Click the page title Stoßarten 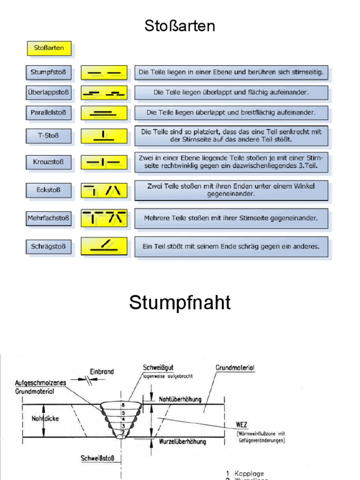[180, 26]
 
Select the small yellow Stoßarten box [49, 48]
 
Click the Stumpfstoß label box [48, 73]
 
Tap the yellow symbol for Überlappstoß [104, 92]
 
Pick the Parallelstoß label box [48, 112]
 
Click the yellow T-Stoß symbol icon [104, 136]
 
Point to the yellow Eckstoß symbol [104, 190]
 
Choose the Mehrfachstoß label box [48, 218]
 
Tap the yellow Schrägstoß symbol [104, 246]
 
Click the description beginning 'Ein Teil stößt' [231, 246]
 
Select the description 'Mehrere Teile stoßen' [231, 218]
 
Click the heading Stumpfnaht [180, 303]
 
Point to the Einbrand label [102, 371]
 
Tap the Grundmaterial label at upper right [235, 368]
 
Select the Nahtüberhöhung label [180, 399]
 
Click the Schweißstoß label [98, 458]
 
